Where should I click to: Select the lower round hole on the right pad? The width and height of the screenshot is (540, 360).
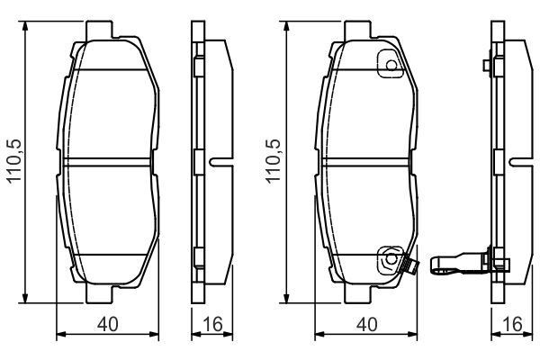390,260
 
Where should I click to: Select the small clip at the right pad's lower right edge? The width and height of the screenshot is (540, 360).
409,267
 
